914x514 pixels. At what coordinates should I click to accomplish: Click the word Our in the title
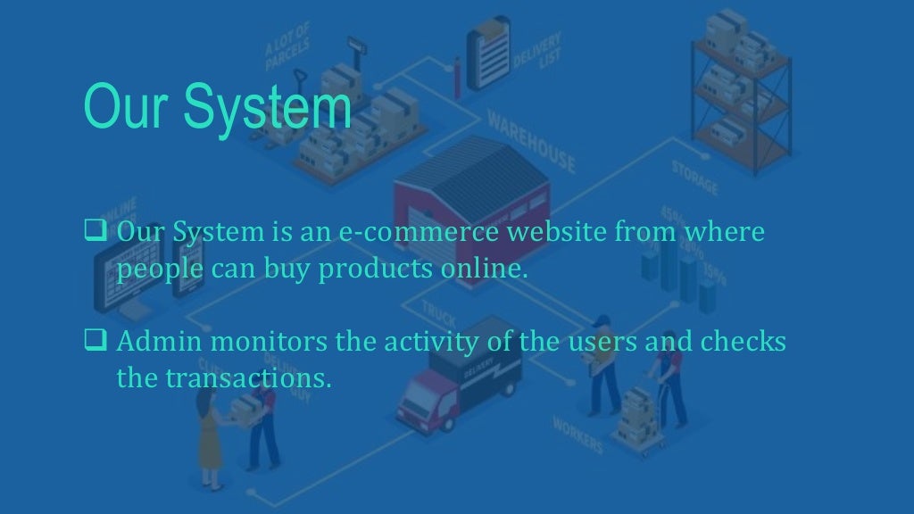point(120,108)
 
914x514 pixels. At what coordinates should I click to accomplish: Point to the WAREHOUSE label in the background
point(531,143)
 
